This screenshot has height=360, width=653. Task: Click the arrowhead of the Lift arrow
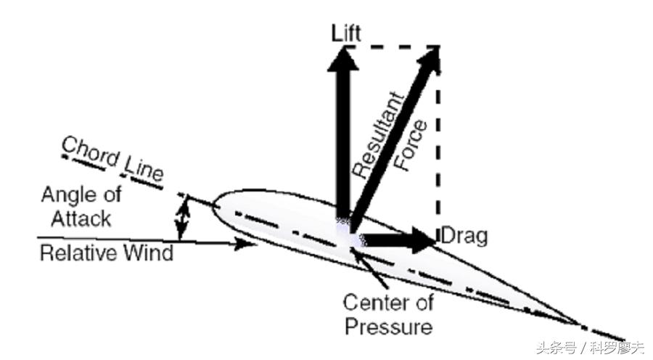tap(342, 60)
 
